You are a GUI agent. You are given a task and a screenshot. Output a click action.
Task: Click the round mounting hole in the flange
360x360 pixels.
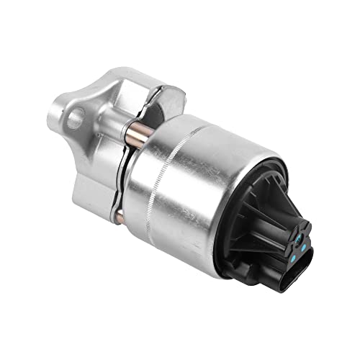click(x=74, y=118)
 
